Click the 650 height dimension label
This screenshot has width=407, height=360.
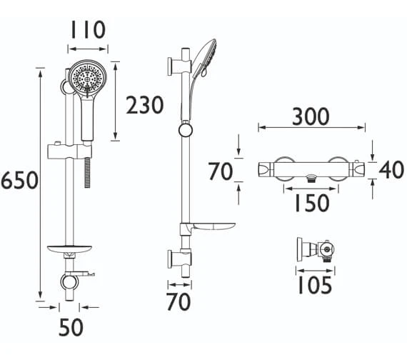pos(20,180)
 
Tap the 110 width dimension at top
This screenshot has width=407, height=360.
pos(88,30)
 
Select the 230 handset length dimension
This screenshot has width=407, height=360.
pos(144,105)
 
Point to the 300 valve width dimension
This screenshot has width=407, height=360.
pos(311,116)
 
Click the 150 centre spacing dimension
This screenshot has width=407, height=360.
pos(312,203)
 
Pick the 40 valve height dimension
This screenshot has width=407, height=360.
pos(391,169)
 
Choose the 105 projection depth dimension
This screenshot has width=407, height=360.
pos(315,285)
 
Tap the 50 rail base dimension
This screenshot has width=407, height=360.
pos(71,327)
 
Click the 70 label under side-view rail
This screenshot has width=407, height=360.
pos(179,301)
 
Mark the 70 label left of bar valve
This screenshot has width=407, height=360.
pos(221,171)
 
